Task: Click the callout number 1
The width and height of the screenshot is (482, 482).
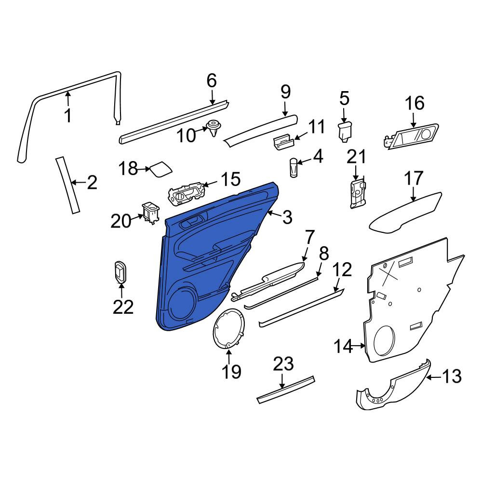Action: (x=68, y=115)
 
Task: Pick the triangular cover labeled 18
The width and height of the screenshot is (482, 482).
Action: (x=161, y=169)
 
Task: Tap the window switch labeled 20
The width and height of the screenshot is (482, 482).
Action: (x=150, y=213)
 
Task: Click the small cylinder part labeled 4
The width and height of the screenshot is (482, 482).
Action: (x=294, y=168)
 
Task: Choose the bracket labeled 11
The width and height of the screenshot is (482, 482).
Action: (x=283, y=143)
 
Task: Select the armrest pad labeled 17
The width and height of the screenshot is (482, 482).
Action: (x=405, y=214)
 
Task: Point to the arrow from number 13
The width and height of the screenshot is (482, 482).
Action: (x=435, y=377)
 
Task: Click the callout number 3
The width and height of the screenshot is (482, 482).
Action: (x=287, y=218)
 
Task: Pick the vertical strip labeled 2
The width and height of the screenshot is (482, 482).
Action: (x=67, y=185)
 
